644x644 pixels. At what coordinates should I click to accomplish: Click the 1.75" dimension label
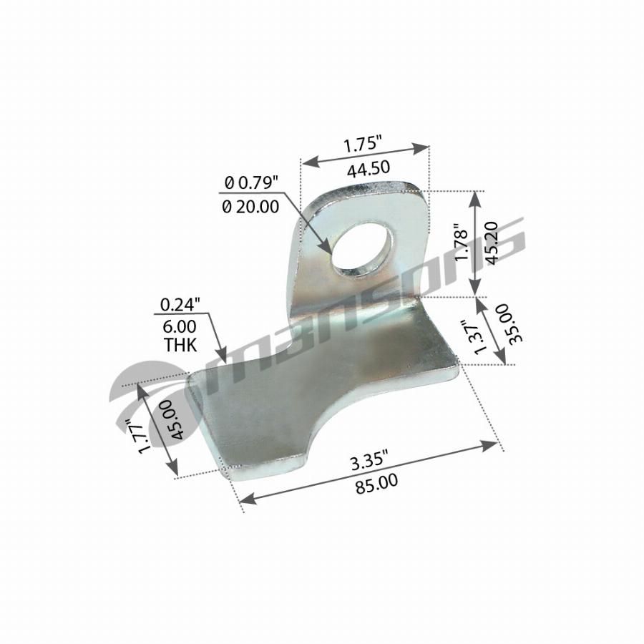point(363,145)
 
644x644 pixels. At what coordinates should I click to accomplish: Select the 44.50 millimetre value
point(369,168)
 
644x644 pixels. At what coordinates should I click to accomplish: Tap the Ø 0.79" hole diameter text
point(251,182)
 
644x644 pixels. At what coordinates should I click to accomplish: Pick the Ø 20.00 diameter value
point(250,207)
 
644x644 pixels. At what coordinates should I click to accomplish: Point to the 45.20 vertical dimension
point(491,243)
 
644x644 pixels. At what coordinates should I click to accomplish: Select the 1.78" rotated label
point(462,243)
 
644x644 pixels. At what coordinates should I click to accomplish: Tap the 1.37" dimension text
point(479,337)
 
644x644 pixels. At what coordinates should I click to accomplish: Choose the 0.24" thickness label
point(180,305)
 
